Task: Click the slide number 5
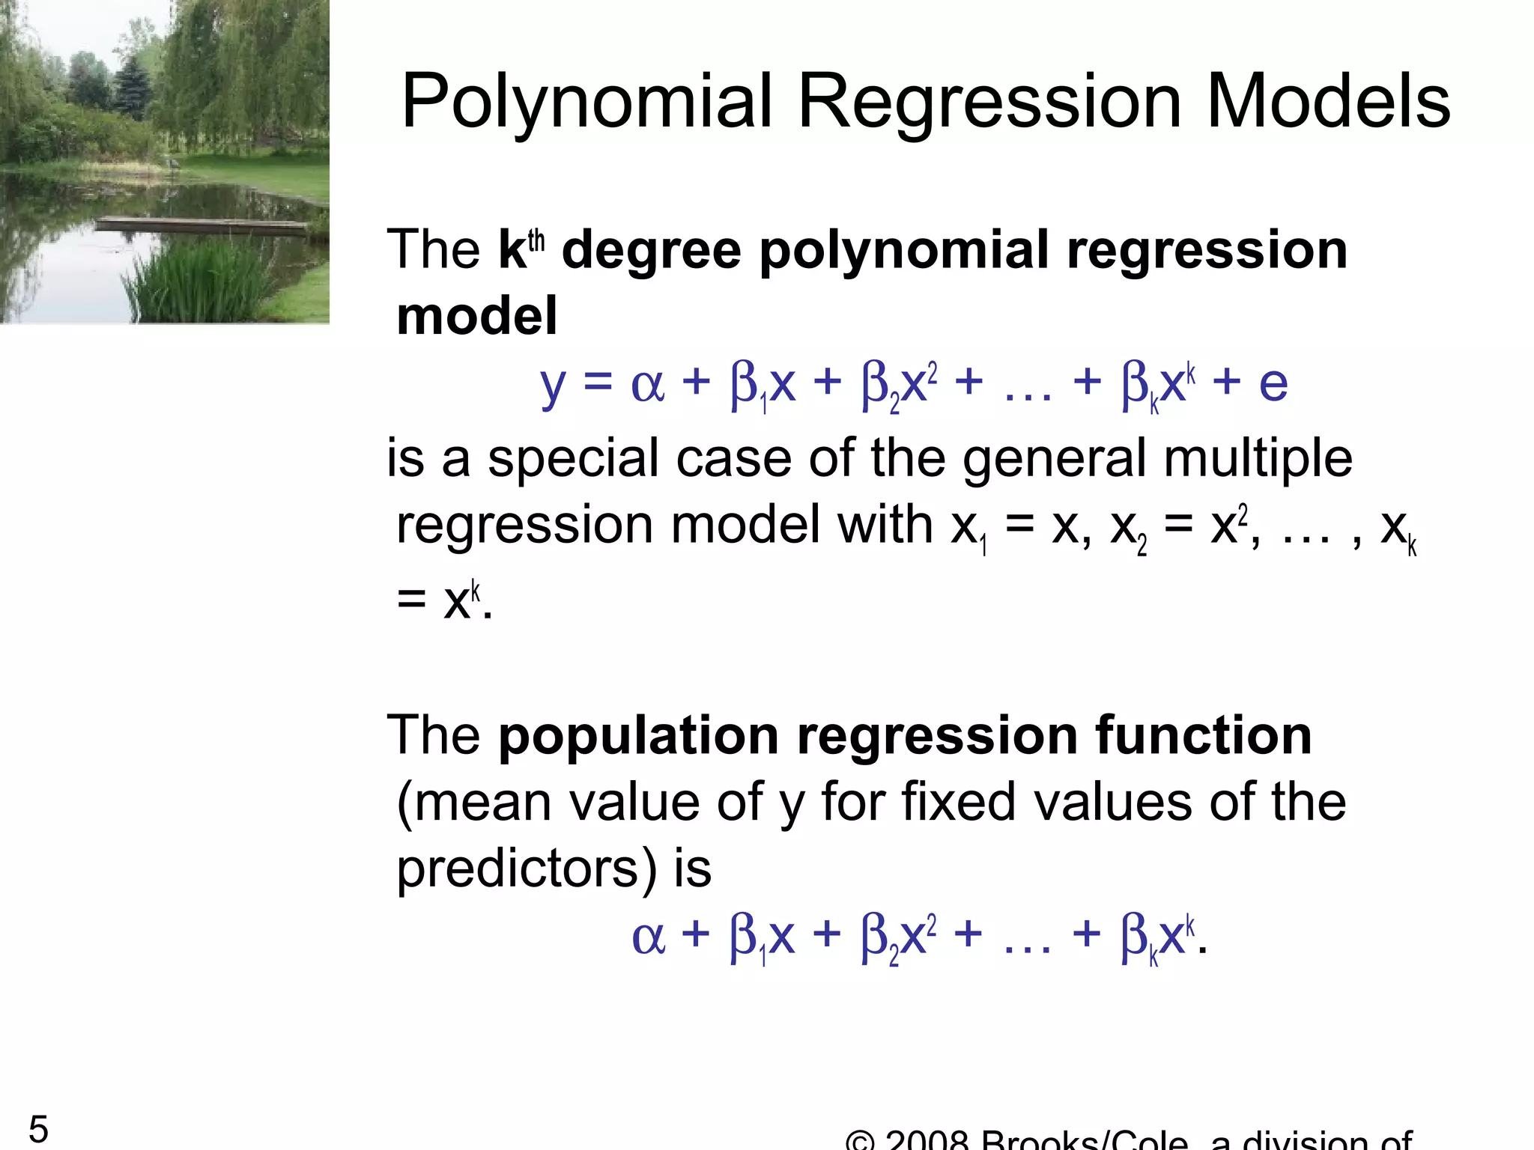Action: [38, 1128]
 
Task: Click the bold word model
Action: [476, 317]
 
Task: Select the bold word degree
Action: [651, 251]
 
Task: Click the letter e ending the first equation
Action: [1273, 384]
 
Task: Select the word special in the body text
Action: [572, 458]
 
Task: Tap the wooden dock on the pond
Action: [202, 224]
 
